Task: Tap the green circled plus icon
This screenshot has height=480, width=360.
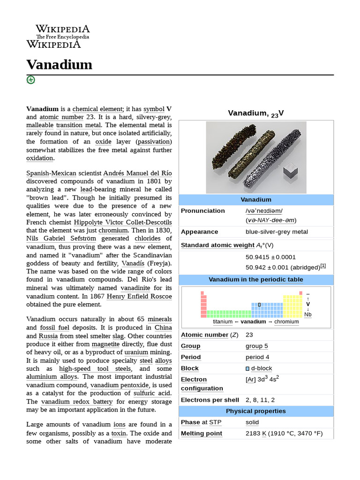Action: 31,80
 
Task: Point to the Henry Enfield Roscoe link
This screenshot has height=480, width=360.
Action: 139,296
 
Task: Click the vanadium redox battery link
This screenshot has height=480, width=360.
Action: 77,402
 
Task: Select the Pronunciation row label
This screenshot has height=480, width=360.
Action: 202,211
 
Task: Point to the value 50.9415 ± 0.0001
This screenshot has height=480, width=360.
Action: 270,257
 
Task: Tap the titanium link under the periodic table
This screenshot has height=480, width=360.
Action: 222,322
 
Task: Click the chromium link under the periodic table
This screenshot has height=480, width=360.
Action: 286,322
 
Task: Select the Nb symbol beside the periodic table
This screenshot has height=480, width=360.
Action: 308,315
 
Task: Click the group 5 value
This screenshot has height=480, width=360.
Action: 257,346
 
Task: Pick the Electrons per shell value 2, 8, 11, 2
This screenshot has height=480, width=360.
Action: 260,400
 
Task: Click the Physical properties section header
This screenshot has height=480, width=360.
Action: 255,411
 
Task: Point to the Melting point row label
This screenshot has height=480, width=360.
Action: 202,434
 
